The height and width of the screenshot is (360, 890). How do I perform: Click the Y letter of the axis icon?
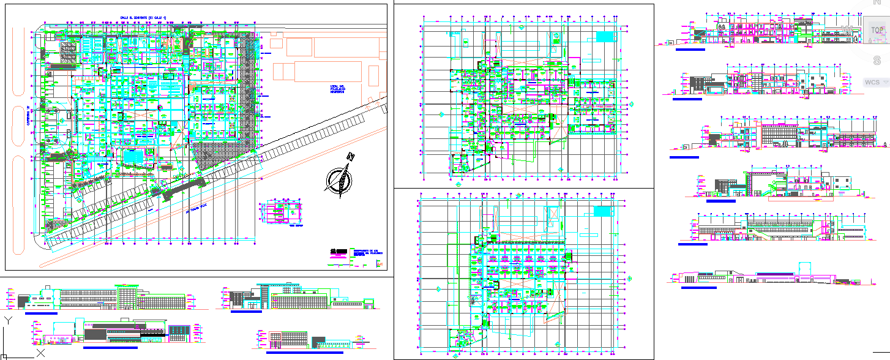click(7, 320)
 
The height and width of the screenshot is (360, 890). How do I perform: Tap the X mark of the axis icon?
click(40, 353)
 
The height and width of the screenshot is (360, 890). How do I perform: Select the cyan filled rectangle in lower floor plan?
click(602, 211)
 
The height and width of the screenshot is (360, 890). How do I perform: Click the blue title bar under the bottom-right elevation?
click(304, 353)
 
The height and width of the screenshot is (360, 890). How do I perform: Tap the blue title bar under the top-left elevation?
click(42, 313)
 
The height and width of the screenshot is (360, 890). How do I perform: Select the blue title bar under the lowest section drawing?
click(698, 287)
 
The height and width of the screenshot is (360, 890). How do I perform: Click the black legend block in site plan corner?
click(338, 250)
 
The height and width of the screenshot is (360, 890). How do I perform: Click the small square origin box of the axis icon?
click(4, 356)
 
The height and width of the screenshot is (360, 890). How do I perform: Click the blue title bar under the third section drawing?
click(684, 157)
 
